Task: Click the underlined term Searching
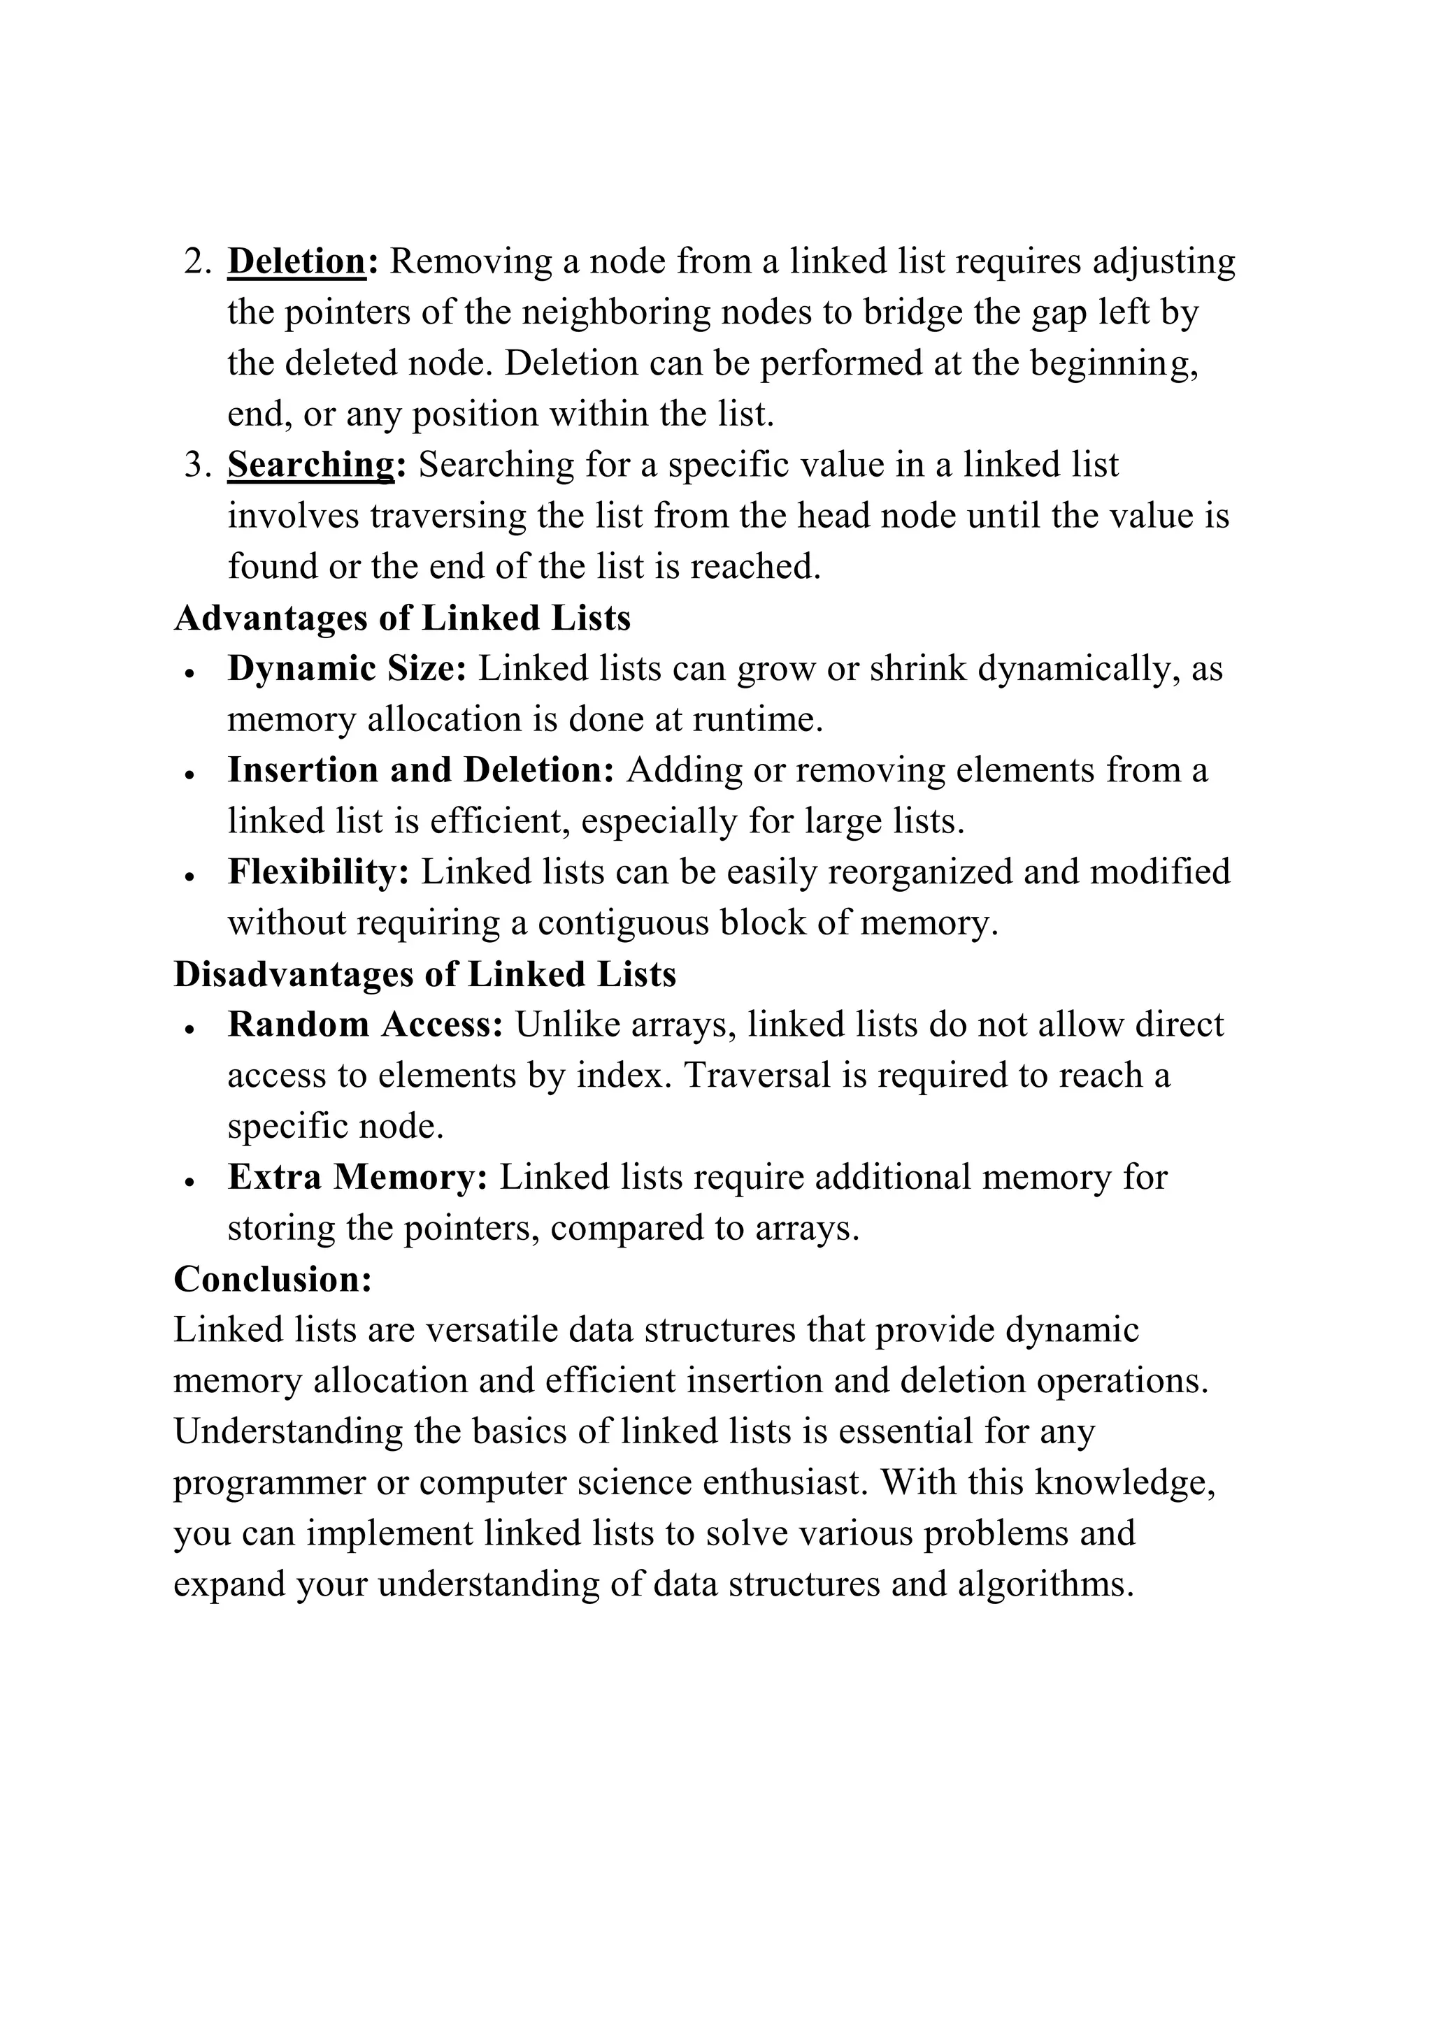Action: click(x=310, y=465)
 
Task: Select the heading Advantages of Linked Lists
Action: click(x=402, y=618)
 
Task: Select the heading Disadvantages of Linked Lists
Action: click(x=425, y=974)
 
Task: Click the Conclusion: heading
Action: click(x=273, y=1279)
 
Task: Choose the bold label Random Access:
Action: click(x=365, y=1025)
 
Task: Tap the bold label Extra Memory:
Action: click(x=357, y=1178)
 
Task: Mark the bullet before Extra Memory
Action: click(x=189, y=1182)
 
